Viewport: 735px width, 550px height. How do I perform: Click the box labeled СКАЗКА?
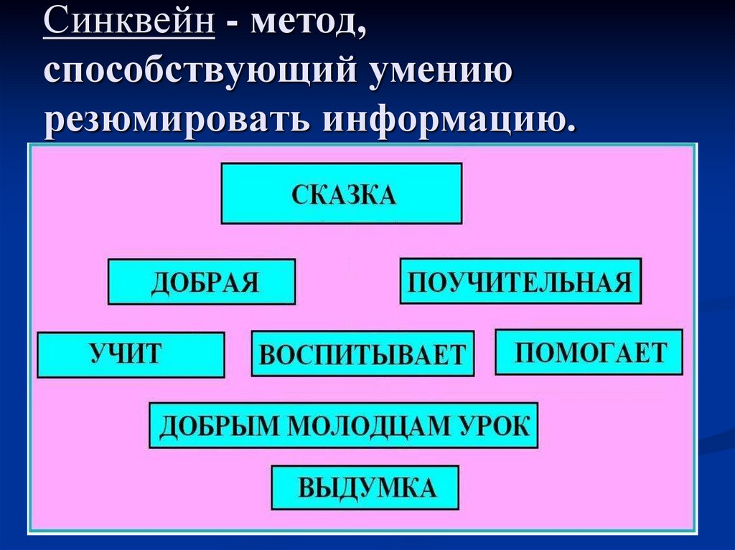341,194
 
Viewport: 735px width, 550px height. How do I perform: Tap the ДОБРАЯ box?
202,282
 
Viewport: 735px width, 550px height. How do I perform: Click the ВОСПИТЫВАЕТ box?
362,354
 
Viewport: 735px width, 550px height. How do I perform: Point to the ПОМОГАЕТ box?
589,352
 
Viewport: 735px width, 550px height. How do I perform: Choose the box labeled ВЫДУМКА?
365,488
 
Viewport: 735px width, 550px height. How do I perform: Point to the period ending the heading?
571,129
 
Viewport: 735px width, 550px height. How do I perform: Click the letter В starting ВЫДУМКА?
305,488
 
